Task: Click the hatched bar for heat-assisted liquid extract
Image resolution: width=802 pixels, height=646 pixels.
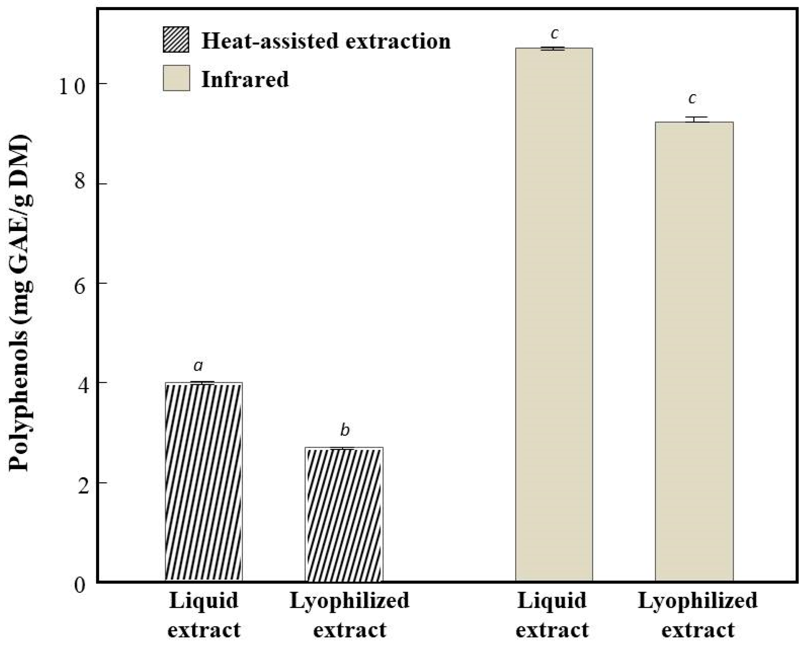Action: coord(203,482)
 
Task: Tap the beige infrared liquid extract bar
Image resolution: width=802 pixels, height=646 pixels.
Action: coord(554,314)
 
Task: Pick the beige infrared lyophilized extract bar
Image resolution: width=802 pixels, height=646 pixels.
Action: coord(694,351)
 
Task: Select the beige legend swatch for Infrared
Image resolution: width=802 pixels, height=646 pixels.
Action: coord(176,78)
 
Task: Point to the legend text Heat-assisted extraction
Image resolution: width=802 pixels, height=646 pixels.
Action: coord(326,41)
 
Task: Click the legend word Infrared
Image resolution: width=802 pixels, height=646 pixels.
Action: coord(245,79)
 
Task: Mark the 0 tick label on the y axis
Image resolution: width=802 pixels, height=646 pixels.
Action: coord(79,586)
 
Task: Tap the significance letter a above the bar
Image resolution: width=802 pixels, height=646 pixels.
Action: coord(198,366)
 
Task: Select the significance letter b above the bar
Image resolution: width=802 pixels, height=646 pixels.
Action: coord(345,430)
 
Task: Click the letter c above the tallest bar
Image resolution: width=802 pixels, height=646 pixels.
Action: coord(554,33)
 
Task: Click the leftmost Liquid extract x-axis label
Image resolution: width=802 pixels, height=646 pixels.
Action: coord(203,615)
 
